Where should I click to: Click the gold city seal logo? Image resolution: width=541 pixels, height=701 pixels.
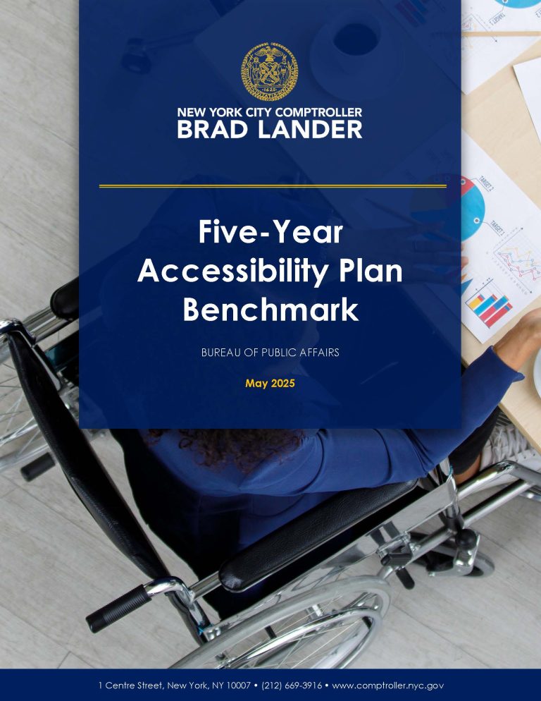(x=270, y=71)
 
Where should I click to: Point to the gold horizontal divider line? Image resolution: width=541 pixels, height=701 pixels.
(x=273, y=186)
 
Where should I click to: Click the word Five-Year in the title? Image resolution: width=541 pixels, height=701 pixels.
(x=270, y=233)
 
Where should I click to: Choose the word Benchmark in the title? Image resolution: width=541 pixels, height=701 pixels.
(x=270, y=310)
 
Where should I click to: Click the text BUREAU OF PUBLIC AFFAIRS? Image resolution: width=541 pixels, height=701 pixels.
(x=270, y=352)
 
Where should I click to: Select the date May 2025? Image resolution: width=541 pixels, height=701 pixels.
(x=270, y=384)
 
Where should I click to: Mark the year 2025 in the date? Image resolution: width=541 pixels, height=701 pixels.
(x=282, y=384)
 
